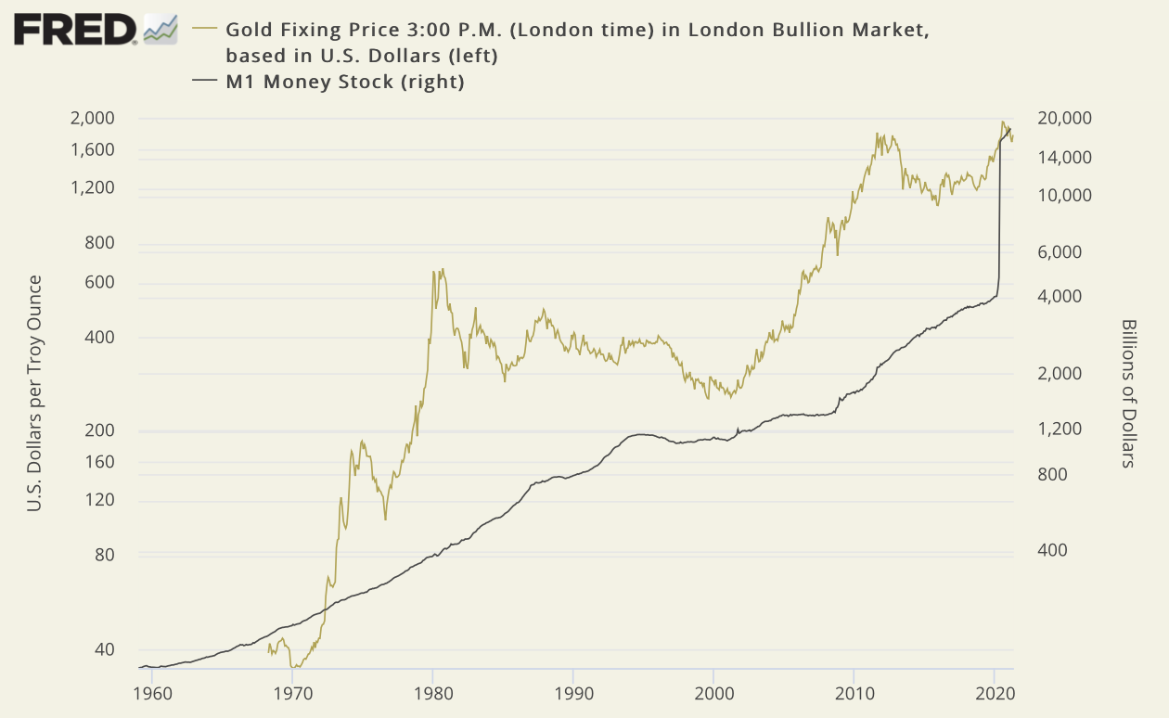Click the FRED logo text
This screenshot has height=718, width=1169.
point(74,30)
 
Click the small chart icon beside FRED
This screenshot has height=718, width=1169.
point(160,29)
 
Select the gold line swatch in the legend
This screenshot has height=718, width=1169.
point(204,30)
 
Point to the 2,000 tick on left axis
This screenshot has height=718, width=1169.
point(92,118)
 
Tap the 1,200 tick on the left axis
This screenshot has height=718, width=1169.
point(92,188)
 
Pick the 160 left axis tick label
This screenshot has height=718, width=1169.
point(98,461)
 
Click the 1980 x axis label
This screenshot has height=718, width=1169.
point(432,692)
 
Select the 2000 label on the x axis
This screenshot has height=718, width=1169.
point(713,692)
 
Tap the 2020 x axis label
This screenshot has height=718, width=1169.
point(995,692)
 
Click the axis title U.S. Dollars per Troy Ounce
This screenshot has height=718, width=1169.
point(34,393)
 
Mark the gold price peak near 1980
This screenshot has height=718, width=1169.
point(433,271)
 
